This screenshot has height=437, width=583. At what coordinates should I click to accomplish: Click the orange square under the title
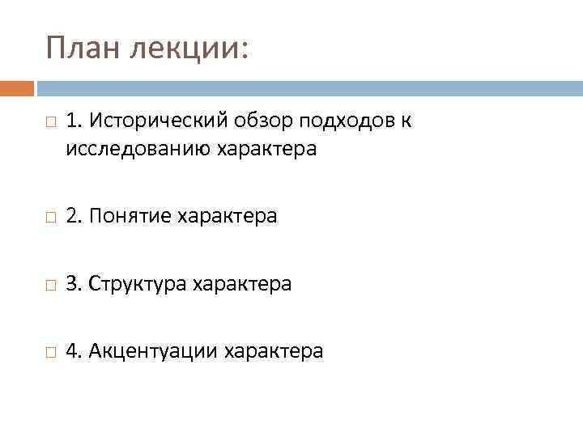point(17,87)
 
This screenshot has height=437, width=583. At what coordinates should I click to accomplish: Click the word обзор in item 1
point(257,121)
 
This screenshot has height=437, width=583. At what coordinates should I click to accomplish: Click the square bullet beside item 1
point(50,123)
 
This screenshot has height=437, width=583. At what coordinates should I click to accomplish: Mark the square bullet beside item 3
point(50,285)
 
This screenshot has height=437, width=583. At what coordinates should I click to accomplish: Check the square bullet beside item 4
point(50,352)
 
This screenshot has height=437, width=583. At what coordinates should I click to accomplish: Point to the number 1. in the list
point(74,121)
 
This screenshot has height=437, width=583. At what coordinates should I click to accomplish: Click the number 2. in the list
point(74,216)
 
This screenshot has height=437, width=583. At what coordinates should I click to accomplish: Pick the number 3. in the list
point(74,284)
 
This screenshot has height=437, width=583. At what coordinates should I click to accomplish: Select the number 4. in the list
point(74,351)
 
